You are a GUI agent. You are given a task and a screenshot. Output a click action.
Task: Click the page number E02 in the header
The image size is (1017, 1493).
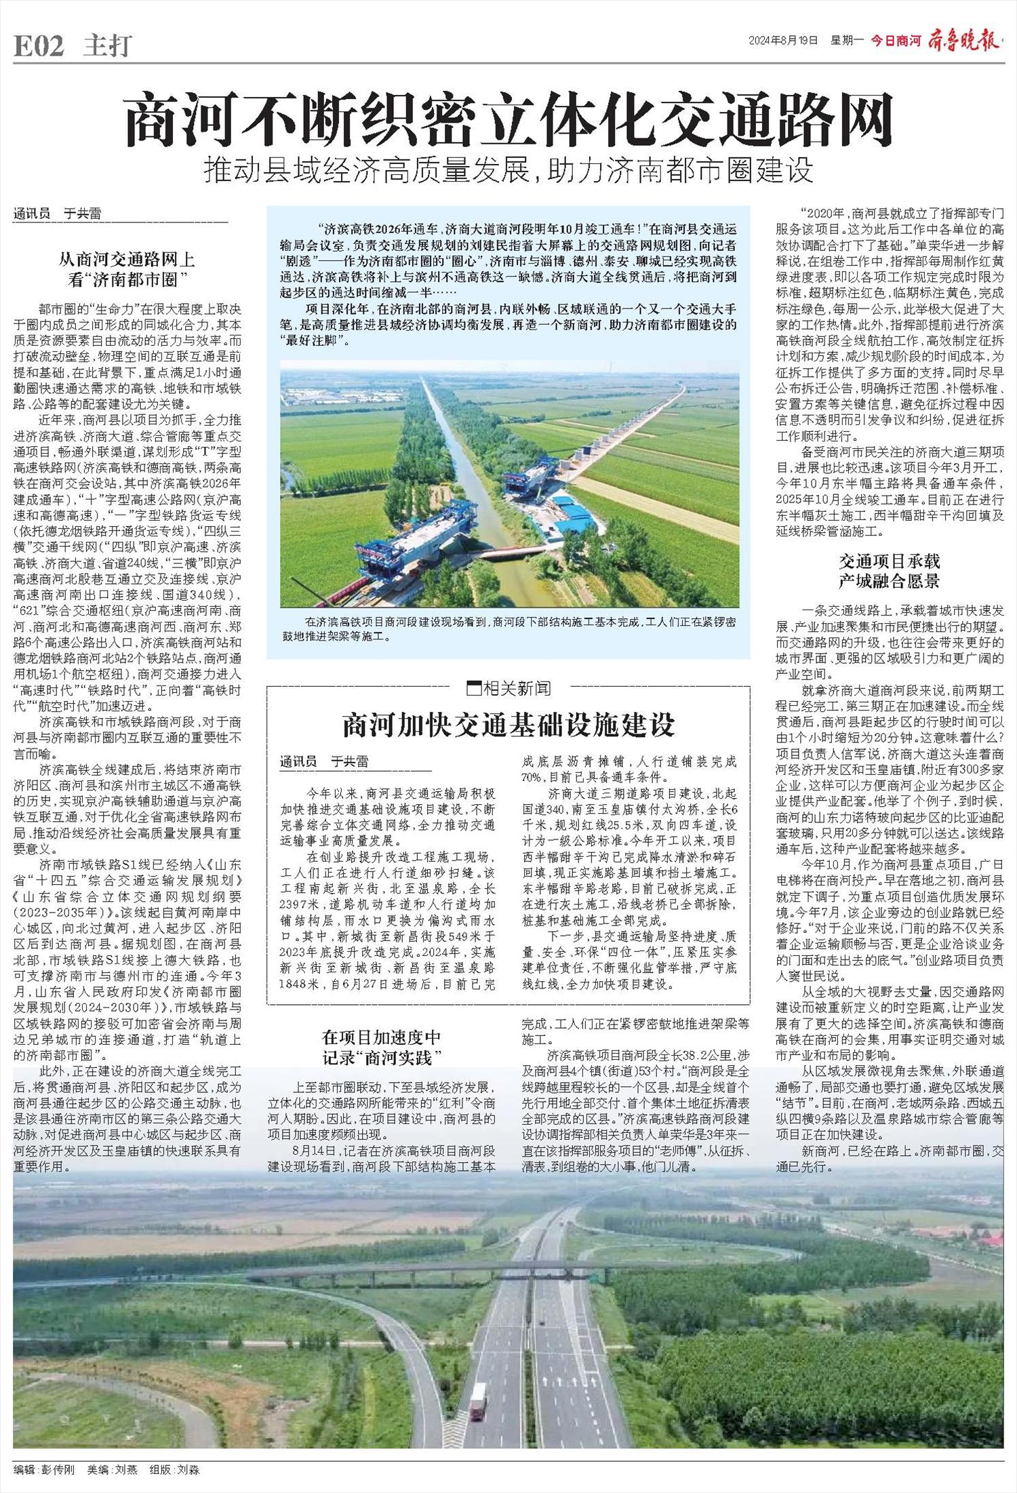(x=39, y=46)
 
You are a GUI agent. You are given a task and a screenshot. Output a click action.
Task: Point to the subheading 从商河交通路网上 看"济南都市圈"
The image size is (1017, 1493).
(x=127, y=268)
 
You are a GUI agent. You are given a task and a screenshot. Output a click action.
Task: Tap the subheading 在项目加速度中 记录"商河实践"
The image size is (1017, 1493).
(x=381, y=1046)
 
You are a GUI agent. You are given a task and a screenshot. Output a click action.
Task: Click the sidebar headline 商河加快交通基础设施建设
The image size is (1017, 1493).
(x=509, y=725)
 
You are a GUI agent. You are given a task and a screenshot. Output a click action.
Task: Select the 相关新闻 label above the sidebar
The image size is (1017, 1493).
(x=509, y=689)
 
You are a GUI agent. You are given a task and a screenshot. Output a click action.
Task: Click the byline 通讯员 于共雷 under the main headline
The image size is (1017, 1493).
(x=58, y=214)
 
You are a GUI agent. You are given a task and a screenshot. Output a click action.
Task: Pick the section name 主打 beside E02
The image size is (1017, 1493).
(x=107, y=46)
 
